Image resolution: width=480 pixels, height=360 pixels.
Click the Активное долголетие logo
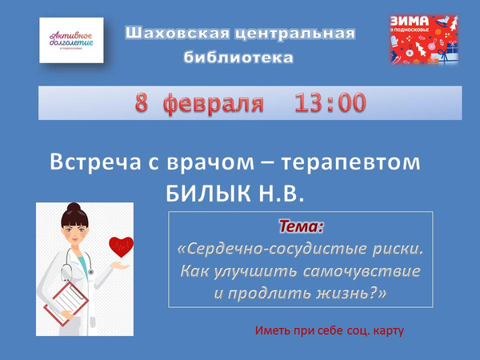[71, 40]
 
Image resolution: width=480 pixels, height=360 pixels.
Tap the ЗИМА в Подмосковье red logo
[424, 40]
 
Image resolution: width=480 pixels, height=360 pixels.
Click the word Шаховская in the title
[178, 33]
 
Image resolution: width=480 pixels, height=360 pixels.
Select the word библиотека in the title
[238, 58]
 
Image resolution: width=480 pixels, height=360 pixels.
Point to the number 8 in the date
[142, 102]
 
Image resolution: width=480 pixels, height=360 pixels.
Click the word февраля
[214, 103]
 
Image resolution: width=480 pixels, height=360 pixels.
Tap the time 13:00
[330, 102]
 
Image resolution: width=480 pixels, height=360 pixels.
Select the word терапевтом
[350, 163]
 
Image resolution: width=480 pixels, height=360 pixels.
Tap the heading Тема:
[302, 226]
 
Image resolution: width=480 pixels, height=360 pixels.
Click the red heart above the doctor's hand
[122, 246]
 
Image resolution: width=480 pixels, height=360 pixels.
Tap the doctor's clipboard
[66, 303]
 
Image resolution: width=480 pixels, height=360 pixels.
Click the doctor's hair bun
[74, 207]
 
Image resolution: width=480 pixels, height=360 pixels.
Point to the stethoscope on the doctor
[77, 263]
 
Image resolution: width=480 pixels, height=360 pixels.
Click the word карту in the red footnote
[389, 331]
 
